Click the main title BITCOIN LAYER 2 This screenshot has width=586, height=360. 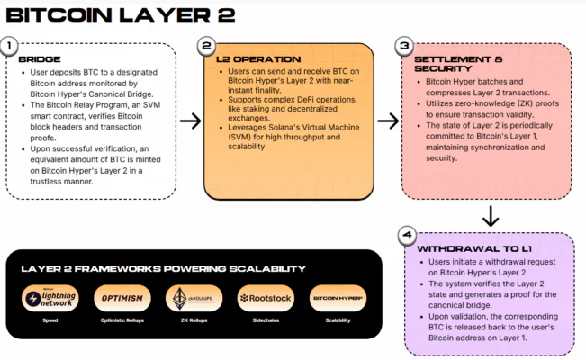tap(122, 14)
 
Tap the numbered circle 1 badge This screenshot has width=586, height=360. tap(11, 45)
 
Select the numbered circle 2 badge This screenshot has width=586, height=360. tap(206, 45)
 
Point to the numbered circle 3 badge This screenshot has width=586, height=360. tap(403, 45)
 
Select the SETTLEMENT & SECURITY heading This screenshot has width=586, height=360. tap(446, 64)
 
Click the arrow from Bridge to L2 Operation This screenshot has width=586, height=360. tap(190, 121)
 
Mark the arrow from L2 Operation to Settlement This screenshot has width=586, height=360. tap(387, 121)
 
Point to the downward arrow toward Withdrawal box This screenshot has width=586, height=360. tap(491, 216)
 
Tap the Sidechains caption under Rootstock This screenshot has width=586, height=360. tap(262, 319)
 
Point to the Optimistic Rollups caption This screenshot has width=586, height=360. tap(120, 319)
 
